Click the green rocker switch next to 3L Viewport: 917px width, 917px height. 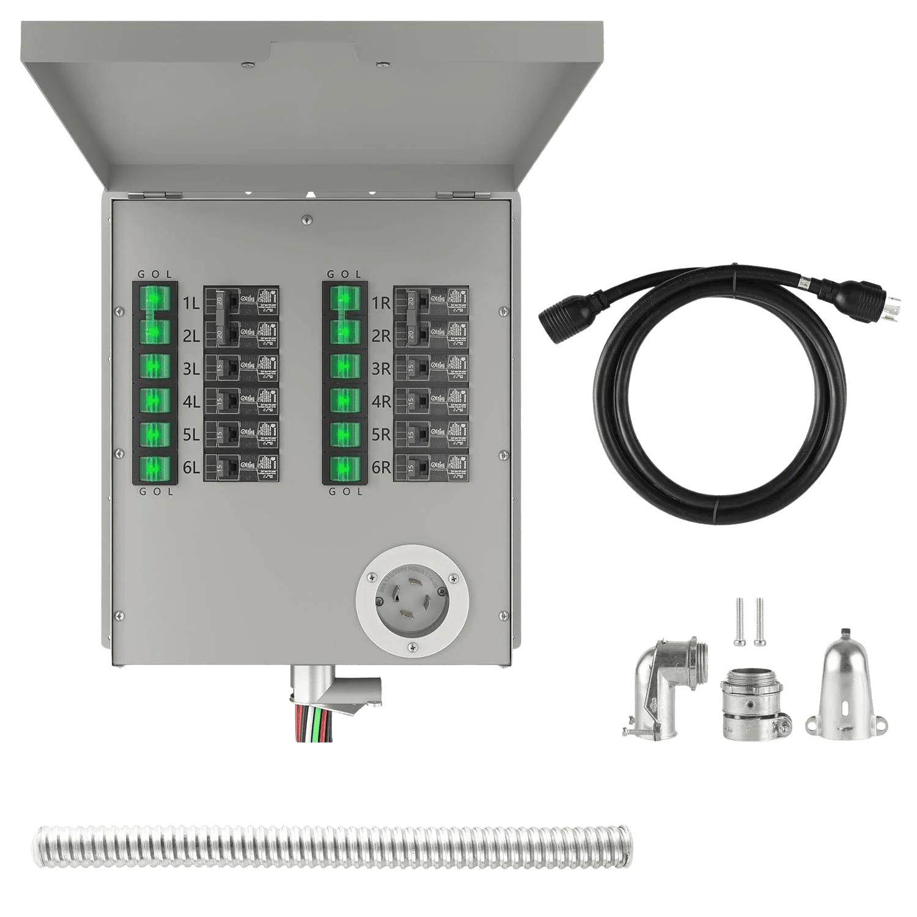[155, 367]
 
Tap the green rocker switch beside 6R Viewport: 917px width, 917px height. [345, 468]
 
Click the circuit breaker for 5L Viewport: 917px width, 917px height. [241, 435]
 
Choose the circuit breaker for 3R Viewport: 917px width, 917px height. [431, 367]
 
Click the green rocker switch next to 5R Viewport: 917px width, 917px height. [345, 435]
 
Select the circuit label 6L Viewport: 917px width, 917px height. [191, 468]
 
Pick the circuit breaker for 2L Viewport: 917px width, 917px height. [241, 333]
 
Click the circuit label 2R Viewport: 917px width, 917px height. [381, 335]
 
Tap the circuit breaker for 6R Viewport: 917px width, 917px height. [431, 468]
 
